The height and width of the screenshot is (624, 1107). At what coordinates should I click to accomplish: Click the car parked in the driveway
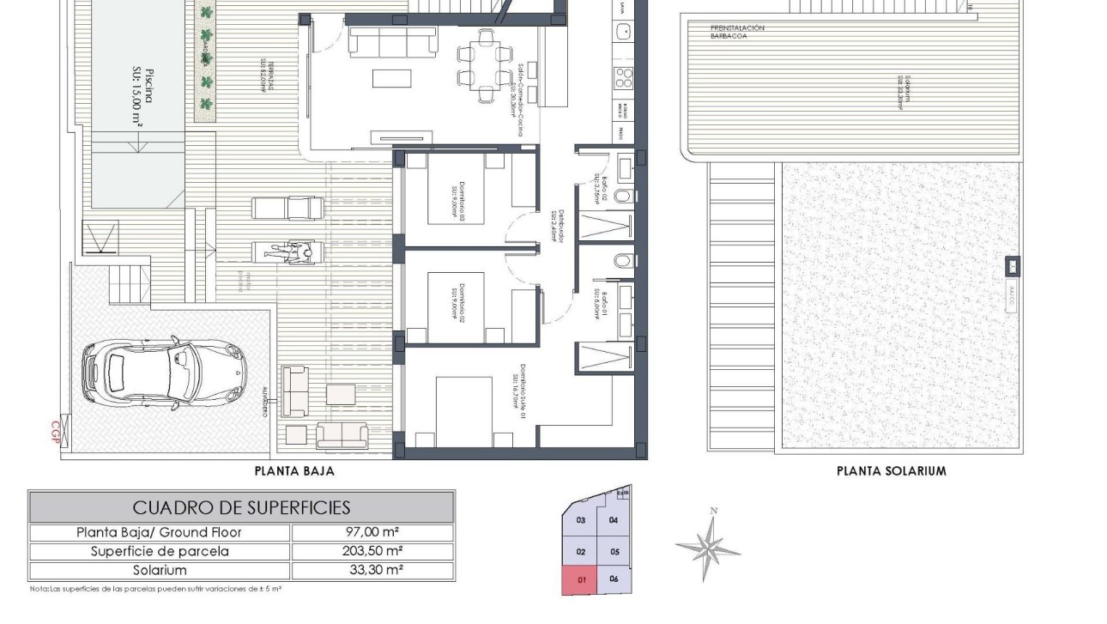162,372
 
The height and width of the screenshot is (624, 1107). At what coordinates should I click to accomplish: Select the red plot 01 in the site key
581,580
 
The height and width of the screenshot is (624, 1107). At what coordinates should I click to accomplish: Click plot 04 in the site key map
614,520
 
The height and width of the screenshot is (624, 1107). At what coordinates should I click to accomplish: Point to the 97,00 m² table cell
372,532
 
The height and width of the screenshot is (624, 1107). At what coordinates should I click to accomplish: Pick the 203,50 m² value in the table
372,551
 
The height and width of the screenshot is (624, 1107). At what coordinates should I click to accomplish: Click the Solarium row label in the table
160,570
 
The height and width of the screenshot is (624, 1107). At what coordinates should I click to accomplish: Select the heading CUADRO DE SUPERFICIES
241,507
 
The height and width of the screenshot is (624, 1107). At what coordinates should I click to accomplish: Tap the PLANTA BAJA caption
294,471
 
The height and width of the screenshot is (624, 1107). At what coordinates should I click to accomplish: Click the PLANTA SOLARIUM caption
891,471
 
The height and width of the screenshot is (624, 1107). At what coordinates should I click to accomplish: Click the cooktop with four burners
622,79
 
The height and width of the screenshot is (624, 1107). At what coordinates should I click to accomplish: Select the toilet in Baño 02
623,196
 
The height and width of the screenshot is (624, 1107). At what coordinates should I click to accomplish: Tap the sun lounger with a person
287,251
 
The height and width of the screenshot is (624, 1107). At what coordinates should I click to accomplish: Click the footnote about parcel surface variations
156,590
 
